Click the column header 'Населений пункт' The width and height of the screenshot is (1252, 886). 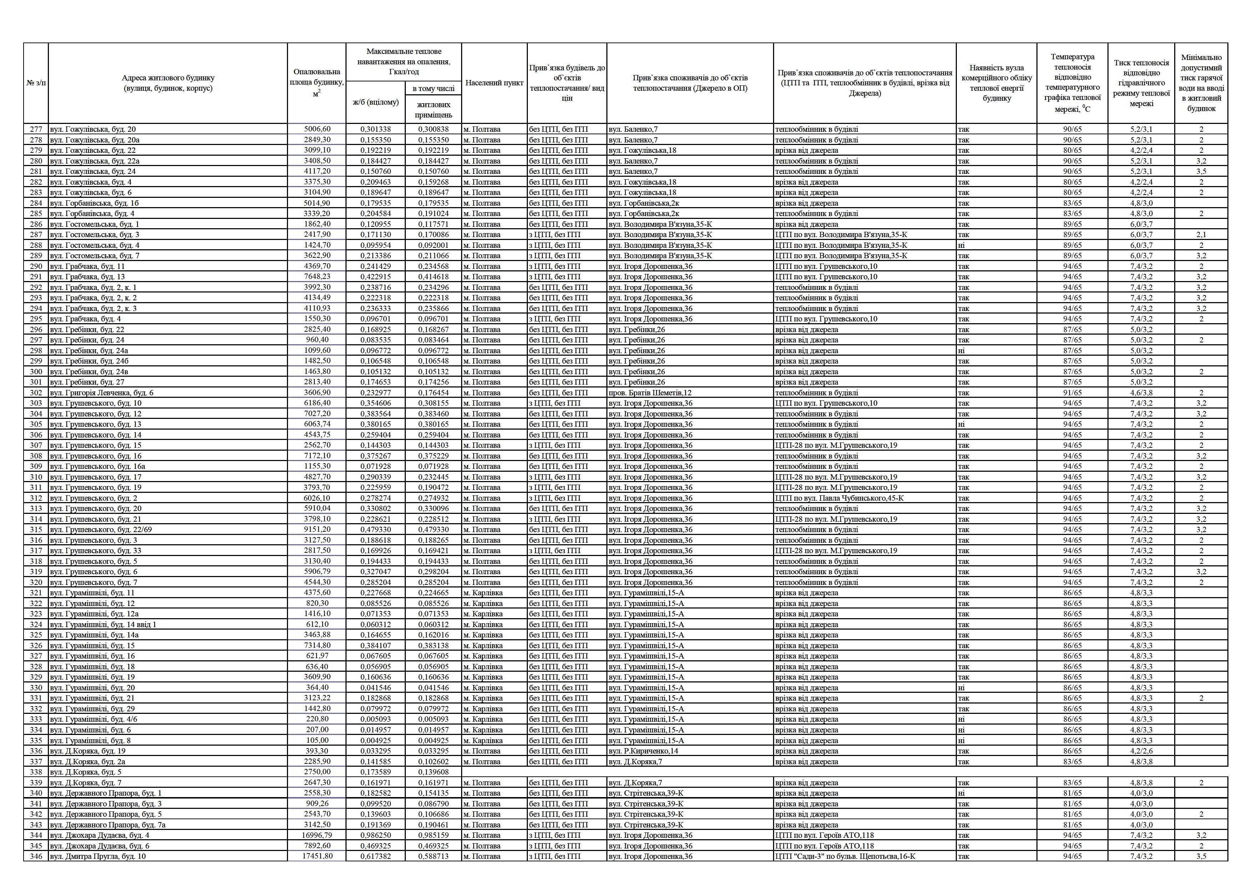point(494,83)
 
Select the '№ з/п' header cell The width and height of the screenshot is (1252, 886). point(36,83)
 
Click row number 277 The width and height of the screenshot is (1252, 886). point(36,129)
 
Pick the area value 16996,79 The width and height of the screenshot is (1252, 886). point(317,835)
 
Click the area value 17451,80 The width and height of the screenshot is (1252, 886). point(317,857)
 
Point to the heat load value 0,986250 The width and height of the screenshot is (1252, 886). point(376,835)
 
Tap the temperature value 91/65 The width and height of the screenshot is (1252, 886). point(1072,393)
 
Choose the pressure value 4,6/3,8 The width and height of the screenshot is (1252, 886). point(1141,393)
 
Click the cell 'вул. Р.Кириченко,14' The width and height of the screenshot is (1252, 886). point(643,751)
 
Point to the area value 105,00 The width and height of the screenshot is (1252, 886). point(317,740)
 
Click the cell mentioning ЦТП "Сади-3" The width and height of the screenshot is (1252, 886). point(845,857)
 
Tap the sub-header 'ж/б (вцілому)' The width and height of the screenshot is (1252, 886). point(376,102)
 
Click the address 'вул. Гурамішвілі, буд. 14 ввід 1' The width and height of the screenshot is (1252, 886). point(103,625)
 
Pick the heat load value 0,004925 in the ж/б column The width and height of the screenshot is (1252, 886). point(376,740)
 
